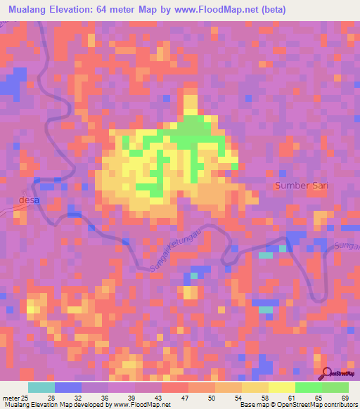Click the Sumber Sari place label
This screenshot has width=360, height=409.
pos(302,186)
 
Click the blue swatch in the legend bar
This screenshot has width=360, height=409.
pos(67,387)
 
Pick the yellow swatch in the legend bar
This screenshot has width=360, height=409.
pos(281,387)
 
